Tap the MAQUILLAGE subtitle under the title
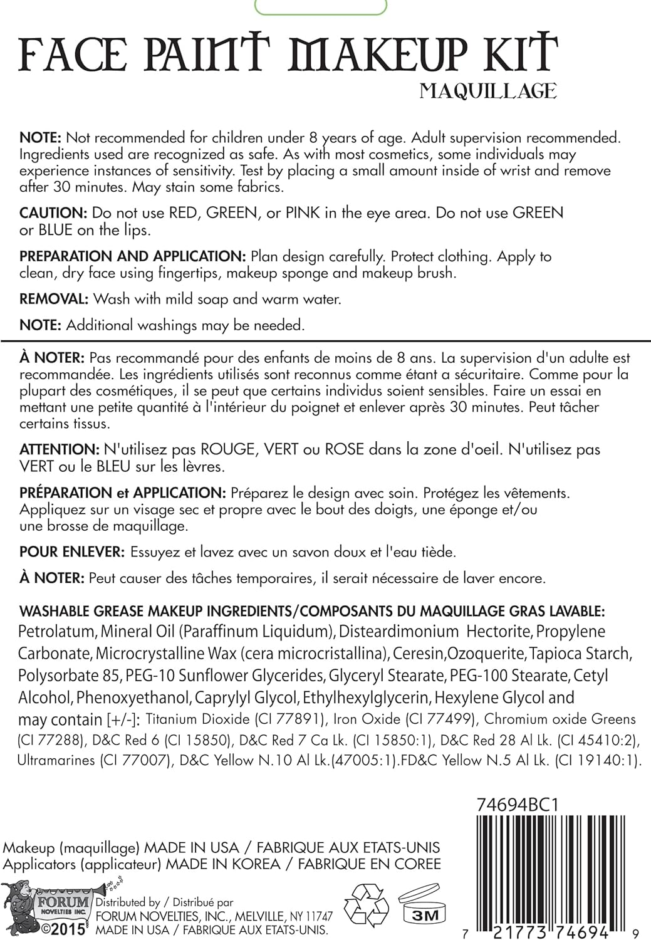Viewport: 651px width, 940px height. tap(488, 91)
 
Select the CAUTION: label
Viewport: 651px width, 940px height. tap(53, 213)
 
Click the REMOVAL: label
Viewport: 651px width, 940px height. tap(54, 299)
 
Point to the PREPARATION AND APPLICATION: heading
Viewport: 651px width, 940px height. tap(132, 256)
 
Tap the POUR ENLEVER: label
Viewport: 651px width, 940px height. tap(72, 552)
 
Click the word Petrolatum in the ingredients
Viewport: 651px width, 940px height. tap(57, 632)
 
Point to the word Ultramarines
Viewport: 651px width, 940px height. tap(56, 761)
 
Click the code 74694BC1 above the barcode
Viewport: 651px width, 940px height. tap(517, 805)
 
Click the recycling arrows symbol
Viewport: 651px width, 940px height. tap(367, 906)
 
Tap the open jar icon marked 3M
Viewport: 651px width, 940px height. tap(420, 904)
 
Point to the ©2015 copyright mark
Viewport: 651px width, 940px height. tap(63, 929)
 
